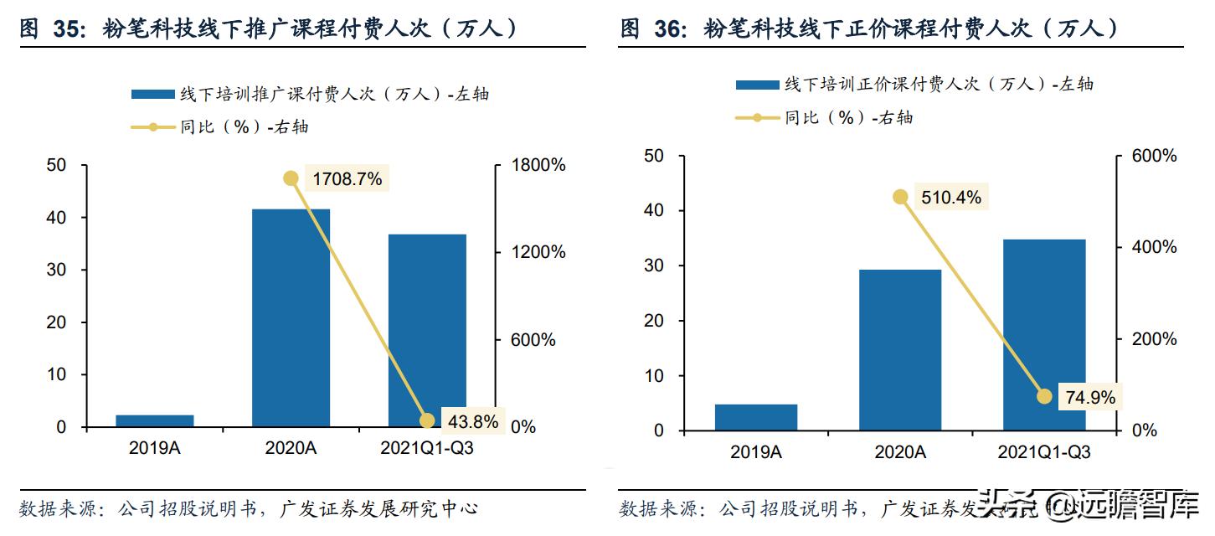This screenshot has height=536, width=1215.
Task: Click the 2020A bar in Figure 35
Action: (291, 317)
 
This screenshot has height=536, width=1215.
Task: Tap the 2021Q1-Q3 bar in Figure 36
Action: (1043, 335)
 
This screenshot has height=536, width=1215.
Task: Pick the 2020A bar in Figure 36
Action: (900, 350)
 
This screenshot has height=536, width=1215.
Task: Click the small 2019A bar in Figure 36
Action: (756, 417)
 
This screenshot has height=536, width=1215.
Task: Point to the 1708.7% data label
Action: (347, 178)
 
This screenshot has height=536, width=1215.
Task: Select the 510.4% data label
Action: (950, 198)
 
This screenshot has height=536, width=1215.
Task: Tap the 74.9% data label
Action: (1090, 398)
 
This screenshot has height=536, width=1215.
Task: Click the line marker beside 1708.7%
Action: (291, 178)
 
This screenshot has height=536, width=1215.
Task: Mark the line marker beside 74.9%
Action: (1043, 396)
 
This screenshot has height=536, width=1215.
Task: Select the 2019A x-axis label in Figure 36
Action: (756, 452)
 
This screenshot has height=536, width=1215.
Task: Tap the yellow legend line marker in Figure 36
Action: (757, 118)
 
